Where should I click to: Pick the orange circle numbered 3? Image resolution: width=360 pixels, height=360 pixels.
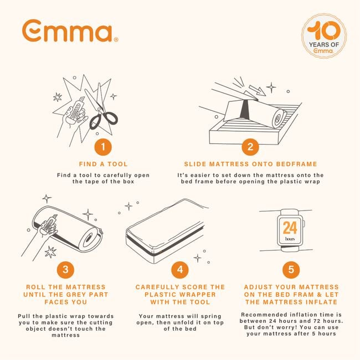pyautogui.click(x=65, y=270)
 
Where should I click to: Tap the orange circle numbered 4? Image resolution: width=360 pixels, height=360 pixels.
pyautogui.click(x=179, y=270)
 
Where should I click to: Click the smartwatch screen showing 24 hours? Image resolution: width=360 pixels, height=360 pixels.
pyautogui.click(x=290, y=230)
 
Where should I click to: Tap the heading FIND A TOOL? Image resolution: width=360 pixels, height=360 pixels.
pyautogui.click(x=102, y=164)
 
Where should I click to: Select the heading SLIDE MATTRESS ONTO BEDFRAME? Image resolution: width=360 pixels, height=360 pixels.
pyautogui.click(x=250, y=164)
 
